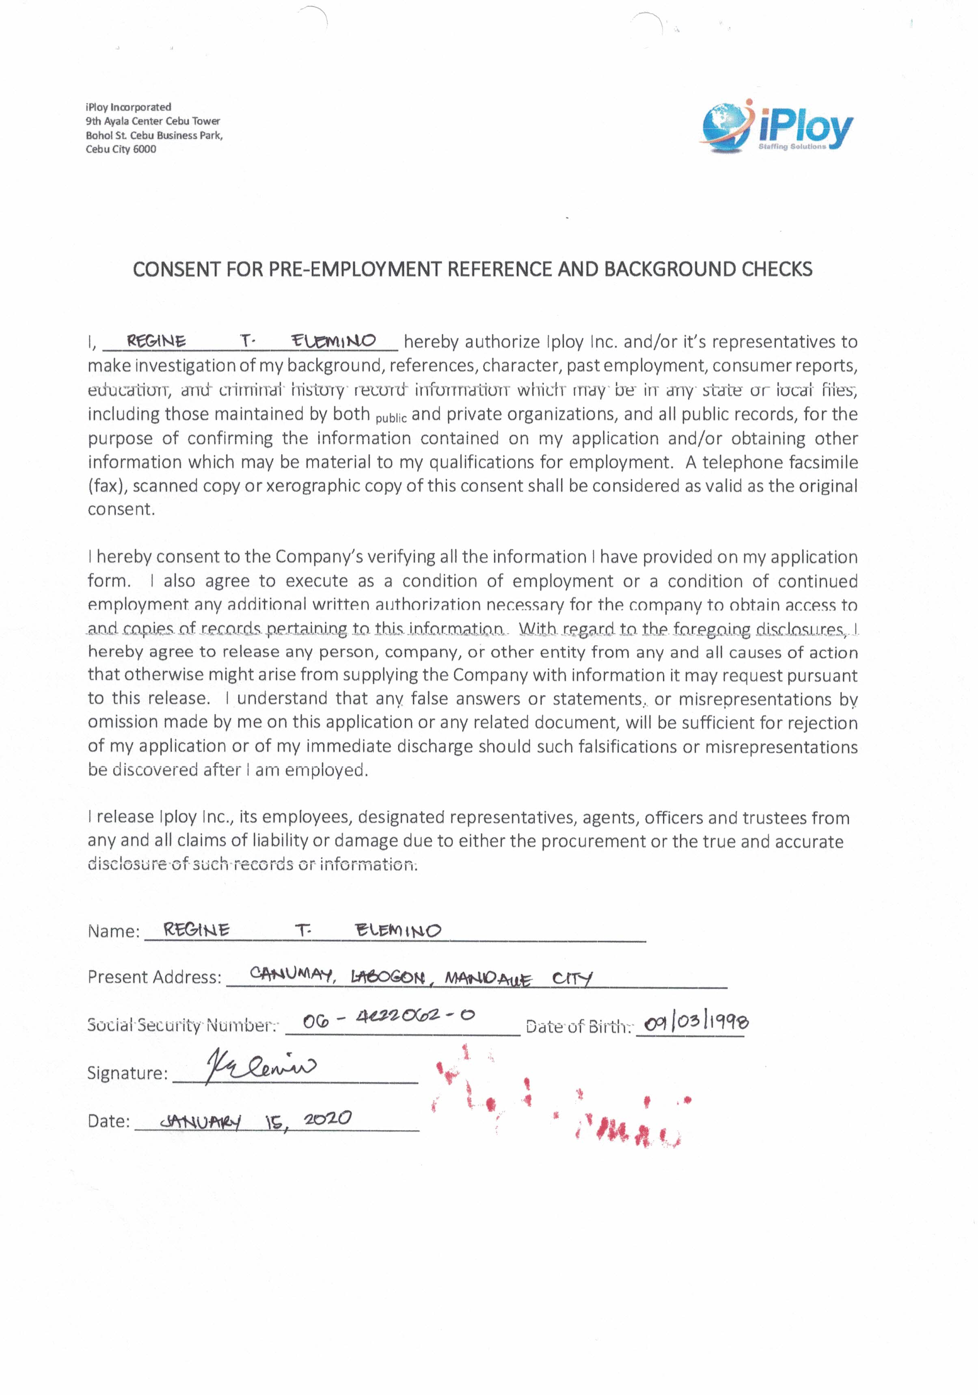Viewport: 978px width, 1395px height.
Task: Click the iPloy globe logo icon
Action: coord(725,126)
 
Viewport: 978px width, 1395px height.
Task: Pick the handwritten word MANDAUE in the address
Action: coord(488,979)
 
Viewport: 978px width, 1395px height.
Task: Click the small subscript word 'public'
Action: coord(391,418)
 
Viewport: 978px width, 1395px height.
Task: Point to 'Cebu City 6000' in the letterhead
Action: coord(121,149)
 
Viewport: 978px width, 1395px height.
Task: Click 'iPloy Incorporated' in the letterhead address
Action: coord(128,107)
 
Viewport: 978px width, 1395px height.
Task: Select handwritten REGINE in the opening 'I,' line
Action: coord(156,341)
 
